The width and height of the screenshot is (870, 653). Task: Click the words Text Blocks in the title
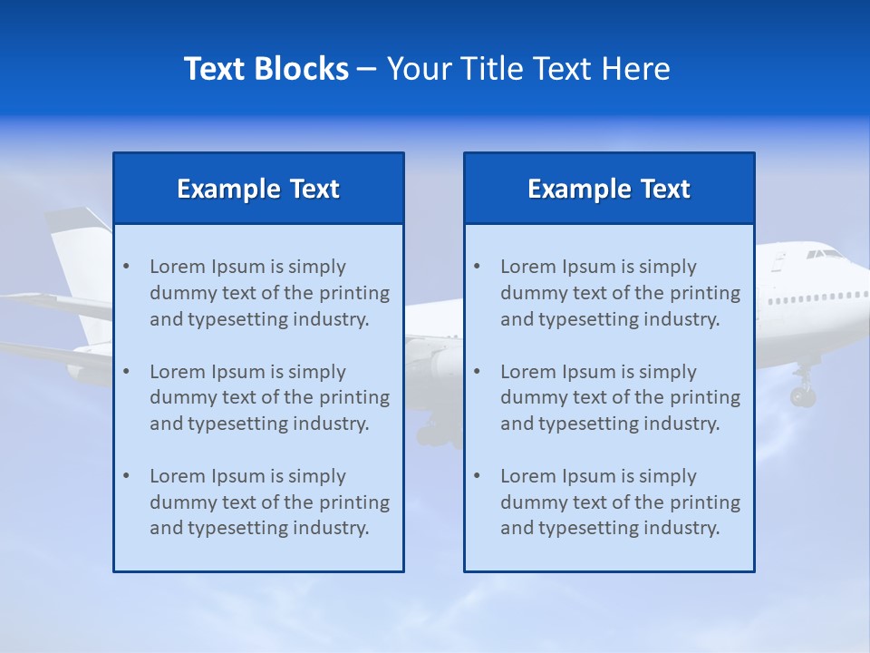pos(266,69)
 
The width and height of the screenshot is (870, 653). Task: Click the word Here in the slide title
pos(636,69)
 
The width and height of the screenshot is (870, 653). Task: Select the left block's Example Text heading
pos(258,189)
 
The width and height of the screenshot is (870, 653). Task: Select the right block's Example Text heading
pos(609,189)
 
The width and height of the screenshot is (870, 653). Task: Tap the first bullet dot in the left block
pos(126,267)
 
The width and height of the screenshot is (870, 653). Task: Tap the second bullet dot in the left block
pos(126,372)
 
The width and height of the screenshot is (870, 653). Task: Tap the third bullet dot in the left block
pos(126,476)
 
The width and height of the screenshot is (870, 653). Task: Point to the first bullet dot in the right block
pos(477,267)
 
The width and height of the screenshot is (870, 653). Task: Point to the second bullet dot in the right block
pos(477,372)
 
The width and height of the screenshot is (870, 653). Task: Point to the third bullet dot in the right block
pos(477,476)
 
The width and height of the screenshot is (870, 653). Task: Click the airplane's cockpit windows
pos(825,255)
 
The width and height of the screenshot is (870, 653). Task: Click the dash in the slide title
pos(367,69)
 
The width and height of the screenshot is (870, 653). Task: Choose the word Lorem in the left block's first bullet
pos(178,267)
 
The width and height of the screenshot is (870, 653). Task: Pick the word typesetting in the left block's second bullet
pos(234,424)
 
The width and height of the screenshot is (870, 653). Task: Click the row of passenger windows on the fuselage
pos(816,297)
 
